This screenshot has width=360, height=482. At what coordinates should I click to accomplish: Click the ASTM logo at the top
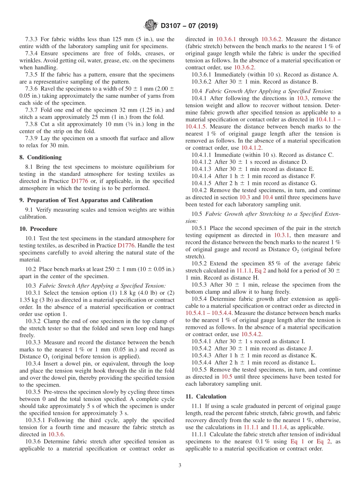click(x=150, y=26)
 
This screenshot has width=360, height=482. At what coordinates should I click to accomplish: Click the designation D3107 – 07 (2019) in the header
click(x=189, y=26)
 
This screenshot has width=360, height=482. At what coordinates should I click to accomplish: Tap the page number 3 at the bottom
click(x=180, y=465)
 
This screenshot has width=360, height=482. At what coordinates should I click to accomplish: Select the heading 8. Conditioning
click(x=41, y=157)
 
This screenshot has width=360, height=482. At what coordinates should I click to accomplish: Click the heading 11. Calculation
click(x=206, y=396)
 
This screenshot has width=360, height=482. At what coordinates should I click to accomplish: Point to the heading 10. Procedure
click(x=38, y=229)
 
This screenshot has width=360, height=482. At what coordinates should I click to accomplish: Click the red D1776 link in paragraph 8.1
click(x=80, y=181)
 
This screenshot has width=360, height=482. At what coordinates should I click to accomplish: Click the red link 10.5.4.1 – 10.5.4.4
click(x=209, y=313)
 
